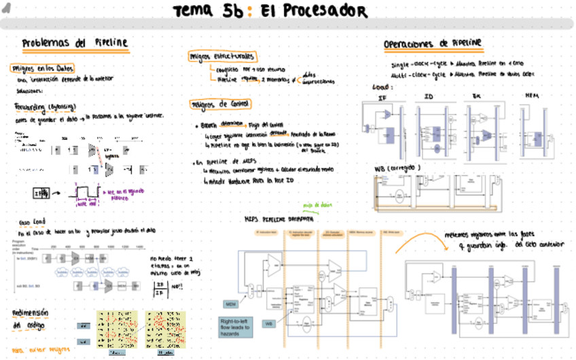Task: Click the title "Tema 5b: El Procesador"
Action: click(270, 12)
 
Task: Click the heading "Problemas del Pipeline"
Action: click(75, 43)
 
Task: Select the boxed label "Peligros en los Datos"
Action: click(42, 68)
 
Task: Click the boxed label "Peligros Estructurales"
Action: click(223, 56)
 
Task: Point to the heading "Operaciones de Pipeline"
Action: click(433, 43)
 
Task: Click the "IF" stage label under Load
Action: click(382, 97)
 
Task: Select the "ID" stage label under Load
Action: click(429, 96)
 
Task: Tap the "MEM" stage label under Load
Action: click(532, 96)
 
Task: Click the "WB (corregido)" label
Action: click(398, 168)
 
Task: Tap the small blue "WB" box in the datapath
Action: click(269, 323)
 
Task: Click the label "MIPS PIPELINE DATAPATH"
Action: click(278, 219)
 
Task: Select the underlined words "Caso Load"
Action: click(32, 222)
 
